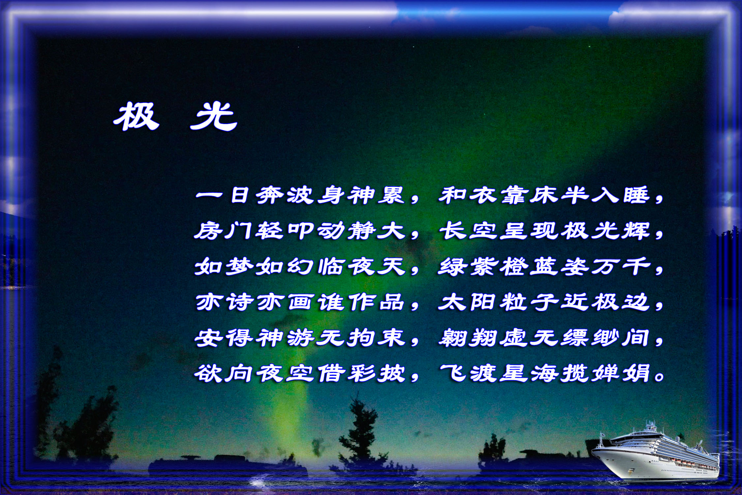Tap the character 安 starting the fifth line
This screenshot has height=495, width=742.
pos(208,339)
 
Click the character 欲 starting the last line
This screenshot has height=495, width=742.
pos(208,374)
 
